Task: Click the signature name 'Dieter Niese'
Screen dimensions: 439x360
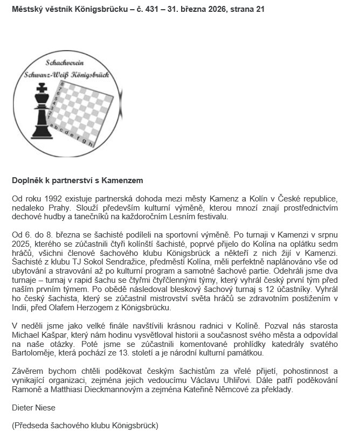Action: (33, 408)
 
